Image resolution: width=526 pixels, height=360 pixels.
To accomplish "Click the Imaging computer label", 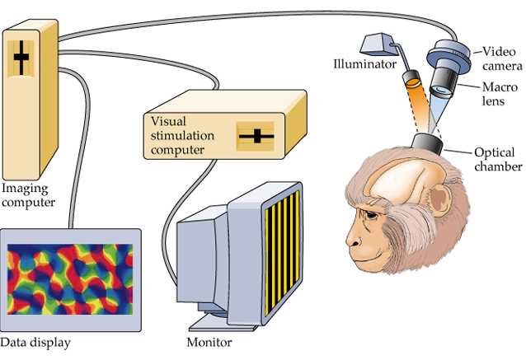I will point(28,194).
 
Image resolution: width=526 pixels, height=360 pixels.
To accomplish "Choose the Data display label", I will point(35,342).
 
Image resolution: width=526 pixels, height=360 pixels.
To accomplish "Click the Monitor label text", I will point(209,342).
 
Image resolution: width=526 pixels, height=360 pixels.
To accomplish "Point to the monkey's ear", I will point(441,201).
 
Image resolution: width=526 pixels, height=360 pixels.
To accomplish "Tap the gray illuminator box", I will point(380,44).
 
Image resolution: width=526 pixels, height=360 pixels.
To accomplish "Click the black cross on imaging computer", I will point(21,58).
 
